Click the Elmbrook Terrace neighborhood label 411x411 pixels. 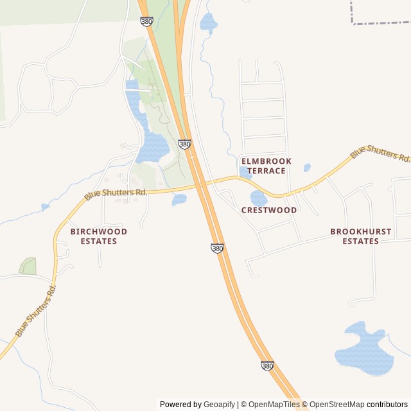point(266,166)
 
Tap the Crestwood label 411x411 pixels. point(269,210)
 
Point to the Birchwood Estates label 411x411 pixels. point(99,236)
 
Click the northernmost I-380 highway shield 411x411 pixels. point(146,21)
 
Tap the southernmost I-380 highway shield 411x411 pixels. point(268,365)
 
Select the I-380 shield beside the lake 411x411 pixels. point(184,144)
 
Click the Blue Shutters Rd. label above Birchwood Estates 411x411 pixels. point(116,193)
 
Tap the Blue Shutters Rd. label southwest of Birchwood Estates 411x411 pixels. point(36,311)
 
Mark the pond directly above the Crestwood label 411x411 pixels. point(258,197)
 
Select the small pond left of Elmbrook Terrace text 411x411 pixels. point(245,171)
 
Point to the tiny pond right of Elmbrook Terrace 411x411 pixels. point(307,168)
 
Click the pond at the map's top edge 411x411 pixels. point(208,23)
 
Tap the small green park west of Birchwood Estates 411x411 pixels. point(28,266)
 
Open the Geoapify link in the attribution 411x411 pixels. point(219,405)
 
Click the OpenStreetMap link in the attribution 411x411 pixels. point(337,405)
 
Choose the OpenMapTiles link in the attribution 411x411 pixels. point(273,405)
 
